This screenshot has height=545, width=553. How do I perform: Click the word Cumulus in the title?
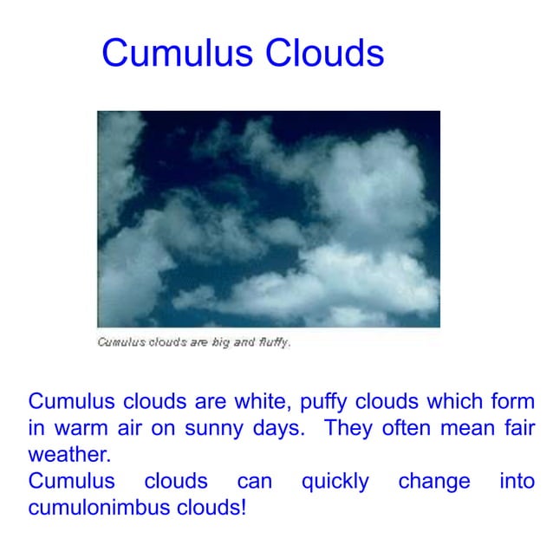(x=178, y=54)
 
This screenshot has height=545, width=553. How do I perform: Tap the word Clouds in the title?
(x=324, y=54)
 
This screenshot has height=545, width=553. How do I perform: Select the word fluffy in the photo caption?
(x=270, y=341)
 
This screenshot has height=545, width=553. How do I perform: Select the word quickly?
(x=335, y=482)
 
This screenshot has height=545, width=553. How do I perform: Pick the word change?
(x=434, y=482)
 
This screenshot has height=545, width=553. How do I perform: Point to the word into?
(x=517, y=481)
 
